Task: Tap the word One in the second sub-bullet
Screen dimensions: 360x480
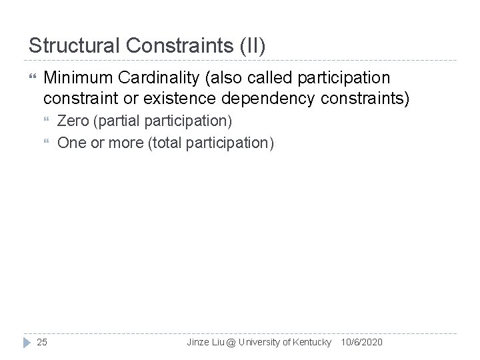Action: coord(71,143)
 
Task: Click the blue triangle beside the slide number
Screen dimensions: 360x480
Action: coord(26,342)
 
